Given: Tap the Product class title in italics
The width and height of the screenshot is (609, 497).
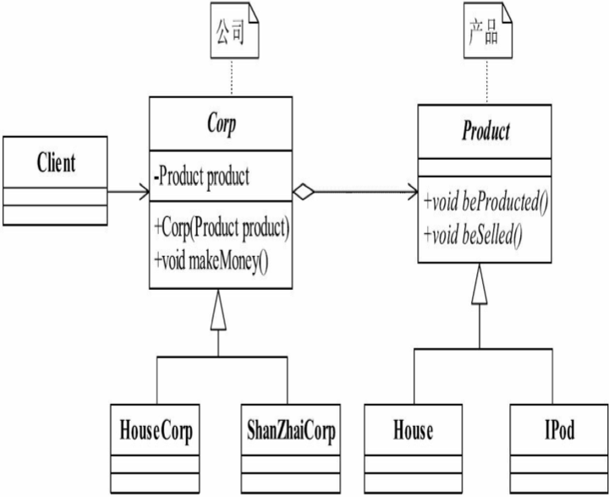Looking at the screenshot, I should pyautogui.click(x=486, y=132).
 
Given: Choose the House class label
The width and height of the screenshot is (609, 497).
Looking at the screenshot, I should pyautogui.click(x=413, y=432).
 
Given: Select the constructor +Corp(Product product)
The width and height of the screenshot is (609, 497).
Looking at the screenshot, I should pyautogui.click(x=222, y=228).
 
